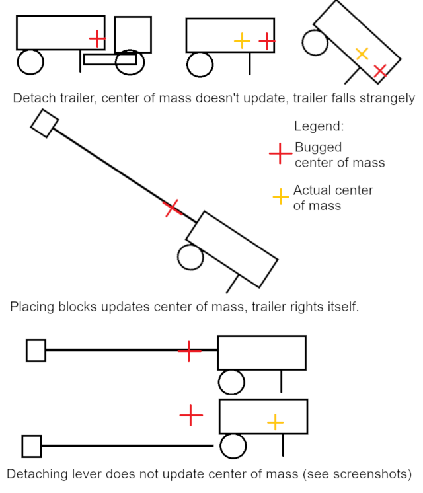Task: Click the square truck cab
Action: (132, 34)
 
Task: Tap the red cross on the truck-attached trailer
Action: (96, 38)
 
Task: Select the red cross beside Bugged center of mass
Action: (280, 155)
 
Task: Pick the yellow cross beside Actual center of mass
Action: (281, 196)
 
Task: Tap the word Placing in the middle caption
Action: (30, 307)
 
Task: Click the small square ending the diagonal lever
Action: (45, 123)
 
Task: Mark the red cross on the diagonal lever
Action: (172, 208)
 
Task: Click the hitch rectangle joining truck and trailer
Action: (110, 59)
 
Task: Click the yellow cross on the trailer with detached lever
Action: (275, 421)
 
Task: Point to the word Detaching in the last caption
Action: (38, 474)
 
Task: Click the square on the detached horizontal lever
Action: (32, 446)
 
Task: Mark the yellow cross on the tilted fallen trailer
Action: (362, 54)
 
